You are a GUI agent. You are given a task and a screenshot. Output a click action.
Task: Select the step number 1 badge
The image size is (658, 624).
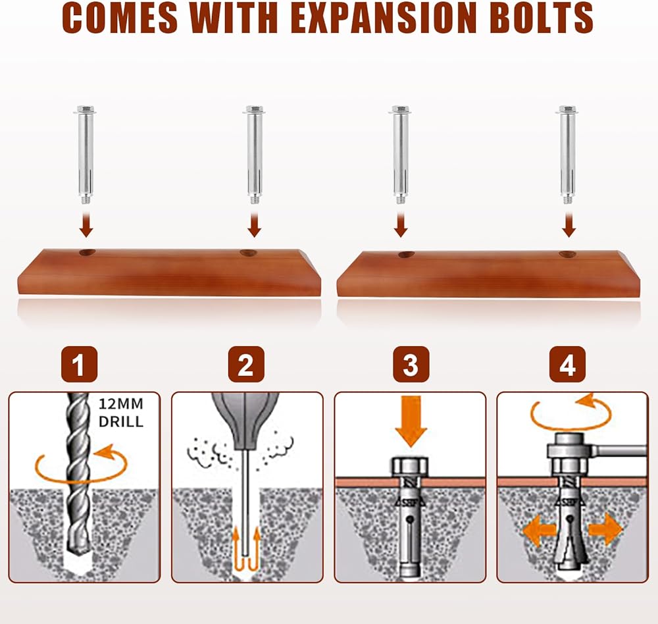click(79, 365)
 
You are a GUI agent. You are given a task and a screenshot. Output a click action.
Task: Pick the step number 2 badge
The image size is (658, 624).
click(246, 365)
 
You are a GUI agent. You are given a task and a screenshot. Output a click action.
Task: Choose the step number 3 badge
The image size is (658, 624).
click(411, 365)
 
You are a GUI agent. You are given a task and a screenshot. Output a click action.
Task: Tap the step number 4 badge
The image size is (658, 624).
click(567, 365)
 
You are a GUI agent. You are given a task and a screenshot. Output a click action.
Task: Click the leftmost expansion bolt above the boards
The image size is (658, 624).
click(86, 151)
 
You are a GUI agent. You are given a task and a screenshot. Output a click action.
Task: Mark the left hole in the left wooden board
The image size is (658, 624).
click(86, 252)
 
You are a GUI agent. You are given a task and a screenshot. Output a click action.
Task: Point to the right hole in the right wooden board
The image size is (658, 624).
click(567, 253)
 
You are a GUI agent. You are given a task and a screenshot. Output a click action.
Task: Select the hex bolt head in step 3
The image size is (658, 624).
click(411, 467)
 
